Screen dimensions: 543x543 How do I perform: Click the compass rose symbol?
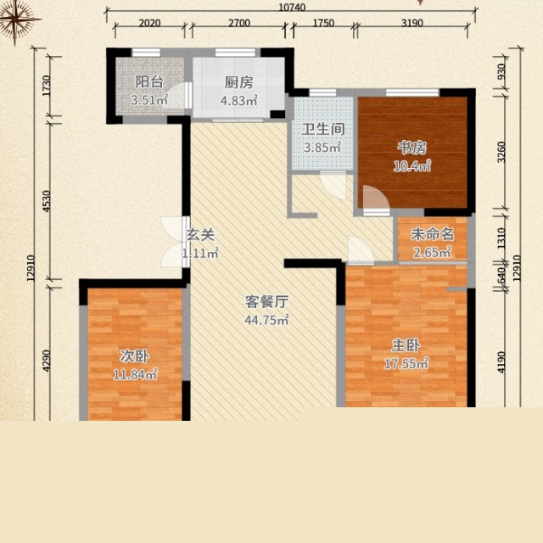tap(15, 19)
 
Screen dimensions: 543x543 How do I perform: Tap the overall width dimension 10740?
tap(292, 8)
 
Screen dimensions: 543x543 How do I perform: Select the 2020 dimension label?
tap(149, 23)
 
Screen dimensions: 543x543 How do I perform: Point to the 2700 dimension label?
tap(239, 23)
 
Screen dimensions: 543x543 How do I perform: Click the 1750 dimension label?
tap(323, 23)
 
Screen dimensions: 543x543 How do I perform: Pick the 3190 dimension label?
tap(412, 23)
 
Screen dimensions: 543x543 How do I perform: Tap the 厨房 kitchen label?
tap(239, 83)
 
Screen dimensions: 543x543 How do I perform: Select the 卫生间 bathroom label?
tap(323, 129)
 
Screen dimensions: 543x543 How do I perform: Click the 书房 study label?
tap(411, 148)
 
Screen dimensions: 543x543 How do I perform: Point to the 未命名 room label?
tap(432, 234)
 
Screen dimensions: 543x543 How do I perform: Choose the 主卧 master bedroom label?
tap(406, 345)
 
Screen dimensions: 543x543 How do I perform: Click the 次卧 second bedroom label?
tap(135, 355)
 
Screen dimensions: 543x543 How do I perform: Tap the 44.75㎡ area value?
tap(266, 320)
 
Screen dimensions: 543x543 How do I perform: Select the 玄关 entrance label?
tap(200, 235)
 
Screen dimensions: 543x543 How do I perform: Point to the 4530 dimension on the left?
tap(47, 201)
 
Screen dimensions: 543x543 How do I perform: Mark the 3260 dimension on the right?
tap(501, 152)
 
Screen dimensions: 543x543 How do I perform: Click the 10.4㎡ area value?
tap(412, 166)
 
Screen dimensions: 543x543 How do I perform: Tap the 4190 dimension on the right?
tap(501, 362)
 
